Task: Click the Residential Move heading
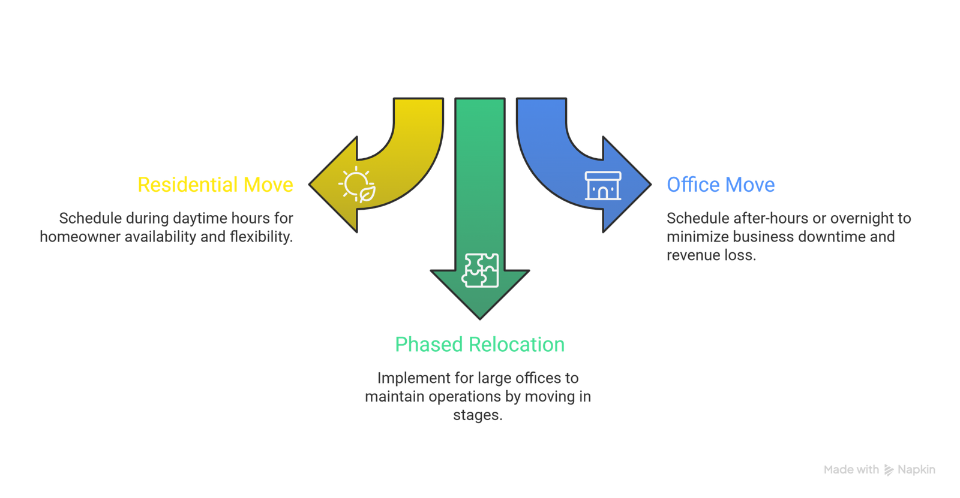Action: tap(215, 185)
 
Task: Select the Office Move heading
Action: tap(721, 185)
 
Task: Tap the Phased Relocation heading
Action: tap(479, 345)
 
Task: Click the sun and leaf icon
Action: tap(358, 184)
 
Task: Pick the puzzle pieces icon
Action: tap(480, 270)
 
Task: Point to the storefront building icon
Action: tap(602, 185)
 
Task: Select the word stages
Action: tap(477, 415)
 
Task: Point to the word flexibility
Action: tap(261, 237)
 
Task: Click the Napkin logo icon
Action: tap(889, 470)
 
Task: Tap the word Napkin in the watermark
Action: tap(916, 470)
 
